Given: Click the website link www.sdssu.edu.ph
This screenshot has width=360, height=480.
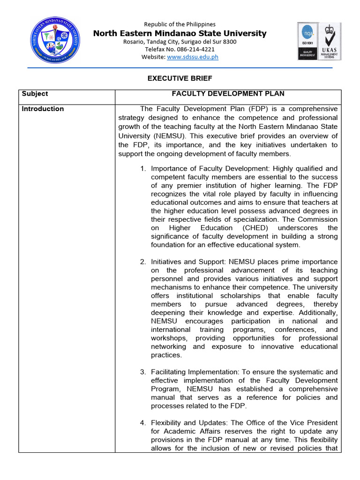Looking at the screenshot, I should (193, 57).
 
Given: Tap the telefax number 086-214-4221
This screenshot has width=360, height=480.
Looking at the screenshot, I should (180, 49).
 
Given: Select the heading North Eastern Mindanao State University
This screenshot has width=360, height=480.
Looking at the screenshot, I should (180, 33).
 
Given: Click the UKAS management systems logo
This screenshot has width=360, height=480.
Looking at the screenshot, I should (330, 41).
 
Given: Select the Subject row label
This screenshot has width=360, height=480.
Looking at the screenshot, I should (35, 94).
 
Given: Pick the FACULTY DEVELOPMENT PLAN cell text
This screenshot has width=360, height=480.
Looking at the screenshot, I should (228, 94).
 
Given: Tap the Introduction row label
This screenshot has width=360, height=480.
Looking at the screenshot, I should (43, 109).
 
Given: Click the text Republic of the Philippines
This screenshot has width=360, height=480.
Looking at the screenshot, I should (180, 24).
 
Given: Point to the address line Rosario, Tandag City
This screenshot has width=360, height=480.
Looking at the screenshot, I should (180, 42).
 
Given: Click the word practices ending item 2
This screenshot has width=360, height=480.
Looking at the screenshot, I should (165, 355).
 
